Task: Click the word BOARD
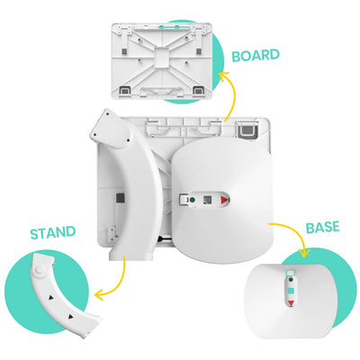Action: (256, 55)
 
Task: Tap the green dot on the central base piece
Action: (190, 197)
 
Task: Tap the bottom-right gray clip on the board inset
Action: (198, 89)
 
